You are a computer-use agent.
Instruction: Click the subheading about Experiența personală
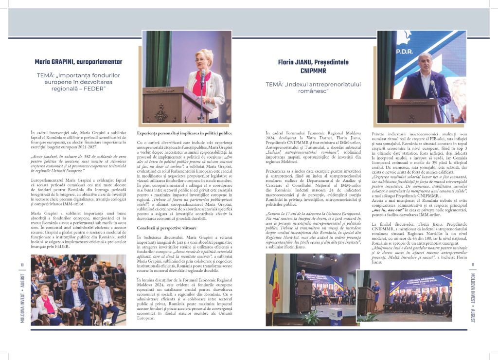tap(184, 133)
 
